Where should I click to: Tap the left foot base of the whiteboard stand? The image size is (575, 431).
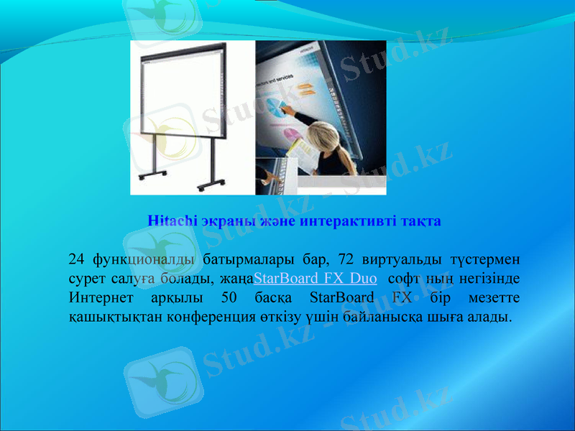pos(152,175)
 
